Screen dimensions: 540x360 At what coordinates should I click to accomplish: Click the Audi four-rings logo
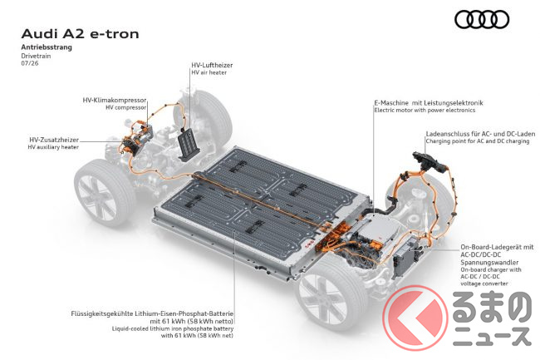tap(482, 19)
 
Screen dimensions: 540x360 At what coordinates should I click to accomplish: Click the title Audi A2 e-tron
tap(81, 34)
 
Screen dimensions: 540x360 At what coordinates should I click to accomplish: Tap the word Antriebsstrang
tap(47, 47)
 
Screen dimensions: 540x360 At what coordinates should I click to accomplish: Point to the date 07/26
tap(30, 63)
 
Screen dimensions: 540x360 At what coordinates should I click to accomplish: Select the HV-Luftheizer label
tap(212, 65)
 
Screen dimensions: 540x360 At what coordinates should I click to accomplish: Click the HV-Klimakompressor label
tap(115, 101)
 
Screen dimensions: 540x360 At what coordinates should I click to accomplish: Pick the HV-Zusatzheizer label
tap(54, 140)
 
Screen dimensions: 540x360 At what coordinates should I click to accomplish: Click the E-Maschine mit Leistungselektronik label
tap(429, 102)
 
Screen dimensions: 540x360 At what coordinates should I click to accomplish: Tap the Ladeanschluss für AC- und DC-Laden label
tap(480, 134)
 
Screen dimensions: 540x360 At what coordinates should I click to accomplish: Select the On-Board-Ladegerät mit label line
tap(497, 247)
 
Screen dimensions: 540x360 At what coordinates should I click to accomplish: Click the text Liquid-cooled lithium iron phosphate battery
tap(173, 328)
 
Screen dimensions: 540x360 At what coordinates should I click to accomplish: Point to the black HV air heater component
tap(189, 145)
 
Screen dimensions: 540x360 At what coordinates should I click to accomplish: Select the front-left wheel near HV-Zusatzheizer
tap(104, 193)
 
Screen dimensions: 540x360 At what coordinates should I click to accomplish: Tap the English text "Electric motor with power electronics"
tap(425, 111)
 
